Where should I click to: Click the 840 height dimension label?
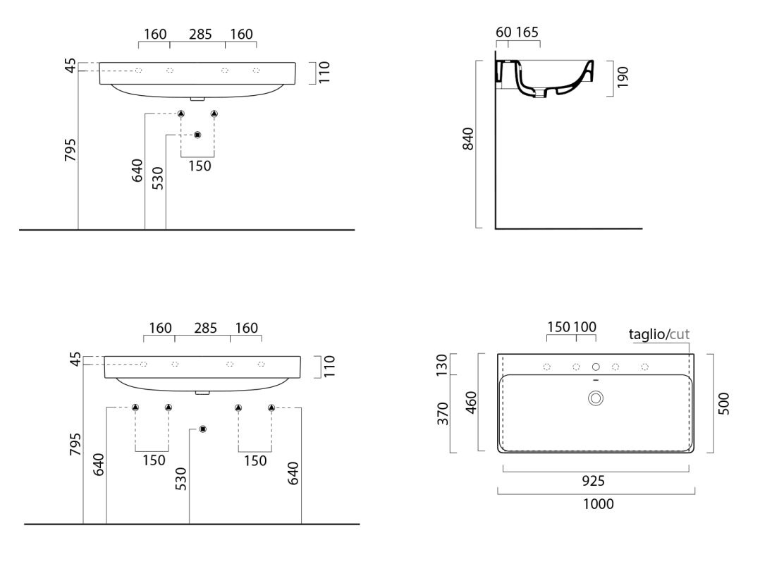tap(468, 138)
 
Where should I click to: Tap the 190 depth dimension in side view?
tap(623, 78)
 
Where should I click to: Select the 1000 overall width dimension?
tap(598, 504)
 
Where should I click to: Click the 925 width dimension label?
tap(594, 481)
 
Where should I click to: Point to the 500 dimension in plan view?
tap(723, 403)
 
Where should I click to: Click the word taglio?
tap(647, 335)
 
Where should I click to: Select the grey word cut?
tap(680, 335)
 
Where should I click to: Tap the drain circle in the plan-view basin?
tap(596, 398)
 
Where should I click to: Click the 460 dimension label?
tap(471, 402)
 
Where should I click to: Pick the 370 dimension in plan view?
tap(443, 413)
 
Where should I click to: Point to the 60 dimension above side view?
tap(503, 32)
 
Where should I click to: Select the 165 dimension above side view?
tap(527, 32)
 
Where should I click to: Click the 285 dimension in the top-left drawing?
tap(200, 35)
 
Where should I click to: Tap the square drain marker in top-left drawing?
tap(198, 135)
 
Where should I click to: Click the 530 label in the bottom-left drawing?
tap(181, 479)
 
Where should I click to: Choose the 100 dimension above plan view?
tap(585, 327)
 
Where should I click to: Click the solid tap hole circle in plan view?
tap(596, 367)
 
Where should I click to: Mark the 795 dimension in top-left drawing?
tap(71, 149)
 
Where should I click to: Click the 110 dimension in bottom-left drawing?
tap(329, 367)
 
